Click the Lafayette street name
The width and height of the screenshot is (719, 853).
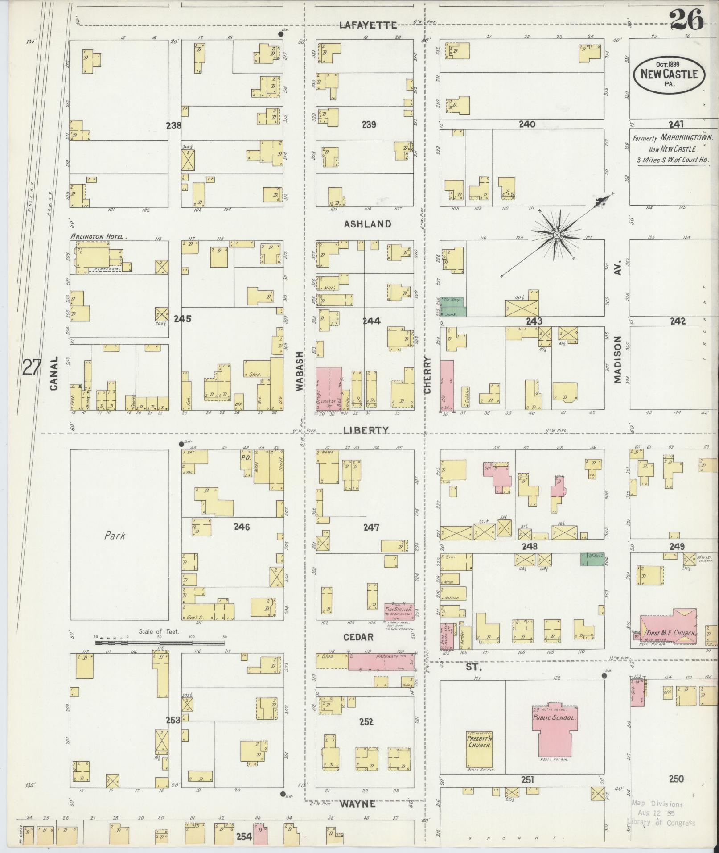[368, 25]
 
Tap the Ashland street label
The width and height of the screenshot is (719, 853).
[367, 224]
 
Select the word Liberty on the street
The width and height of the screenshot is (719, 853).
[366, 430]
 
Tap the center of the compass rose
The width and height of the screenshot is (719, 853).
[557, 235]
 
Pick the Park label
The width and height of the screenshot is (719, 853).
[115, 536]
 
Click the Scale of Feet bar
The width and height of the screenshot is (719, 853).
[160, 643]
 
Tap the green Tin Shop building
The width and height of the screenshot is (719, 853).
[452, 301]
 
